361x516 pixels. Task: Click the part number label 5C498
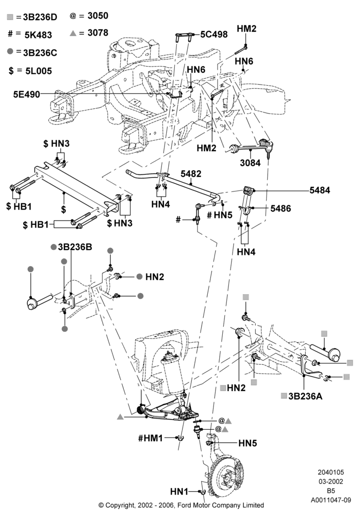pos(214,34)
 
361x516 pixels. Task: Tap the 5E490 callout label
pos(27,94)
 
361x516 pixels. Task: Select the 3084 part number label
pos(250,163)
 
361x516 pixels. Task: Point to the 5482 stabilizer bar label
pos(191,174)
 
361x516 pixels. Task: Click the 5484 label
pos(320,190)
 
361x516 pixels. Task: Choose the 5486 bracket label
pos(281,208)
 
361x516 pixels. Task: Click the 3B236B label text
pos(75,247)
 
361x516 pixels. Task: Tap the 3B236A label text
pos(305,396)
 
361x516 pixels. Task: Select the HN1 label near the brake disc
pos(179,492)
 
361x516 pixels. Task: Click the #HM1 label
pos(151,438)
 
